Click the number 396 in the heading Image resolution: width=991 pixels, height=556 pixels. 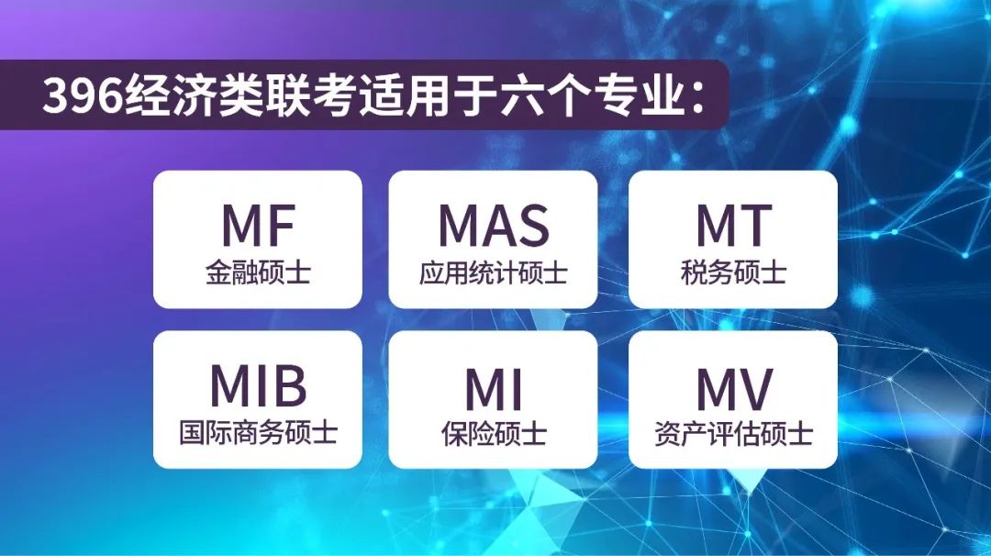coord(84,95)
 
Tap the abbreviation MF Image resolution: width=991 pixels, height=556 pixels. coord(259,226)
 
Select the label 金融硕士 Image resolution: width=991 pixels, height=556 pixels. coord(258,272)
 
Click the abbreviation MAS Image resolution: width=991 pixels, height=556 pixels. coord(494,226)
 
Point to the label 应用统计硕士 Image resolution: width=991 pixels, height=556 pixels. coord(493,272)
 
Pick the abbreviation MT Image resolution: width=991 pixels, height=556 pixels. coord(734,226)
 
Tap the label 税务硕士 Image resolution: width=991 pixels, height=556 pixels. coord(733,272)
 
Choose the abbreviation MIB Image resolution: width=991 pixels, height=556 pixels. coord(259,385)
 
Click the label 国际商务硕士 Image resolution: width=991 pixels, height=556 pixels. coord(258,433)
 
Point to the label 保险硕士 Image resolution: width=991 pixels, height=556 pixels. coord(494,434)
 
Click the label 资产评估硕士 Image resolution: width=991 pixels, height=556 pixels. coord(733,434)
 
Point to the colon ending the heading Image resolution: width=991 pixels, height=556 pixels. coord(698,98)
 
